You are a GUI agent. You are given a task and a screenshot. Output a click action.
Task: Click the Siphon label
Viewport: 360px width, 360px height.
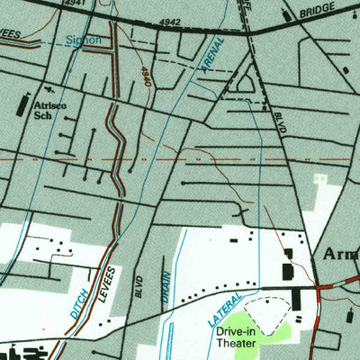[85, 40]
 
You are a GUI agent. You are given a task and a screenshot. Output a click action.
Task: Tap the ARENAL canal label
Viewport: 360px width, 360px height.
[215, 64]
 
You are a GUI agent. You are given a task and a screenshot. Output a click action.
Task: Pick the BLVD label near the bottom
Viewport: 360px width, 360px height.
[140, 285]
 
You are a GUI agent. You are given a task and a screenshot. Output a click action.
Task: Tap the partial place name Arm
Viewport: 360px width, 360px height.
[340, 255]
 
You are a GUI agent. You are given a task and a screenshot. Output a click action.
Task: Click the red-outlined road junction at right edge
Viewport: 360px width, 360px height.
[322, 290]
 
